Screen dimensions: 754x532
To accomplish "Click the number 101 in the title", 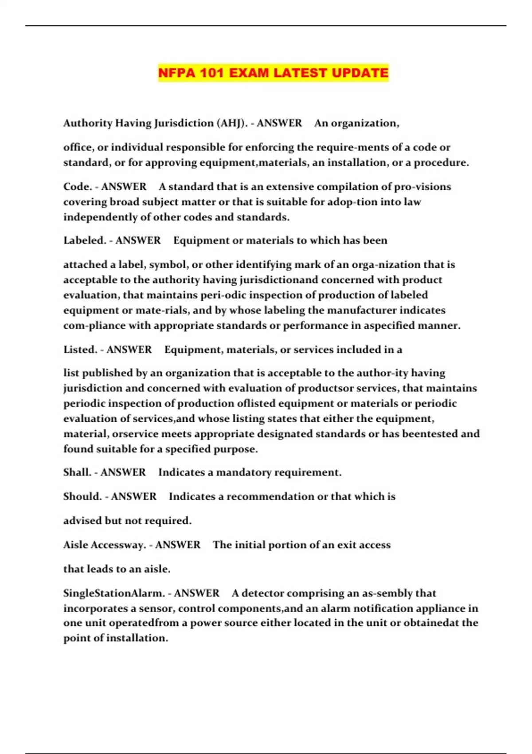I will pos(211,73).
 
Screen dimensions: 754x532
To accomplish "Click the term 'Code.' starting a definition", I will pos(77,187).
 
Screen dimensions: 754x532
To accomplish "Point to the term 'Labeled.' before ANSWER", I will pos(84,240).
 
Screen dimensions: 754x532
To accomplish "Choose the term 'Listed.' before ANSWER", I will pos(80,350).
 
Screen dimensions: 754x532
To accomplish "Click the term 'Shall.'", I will pos(77,472).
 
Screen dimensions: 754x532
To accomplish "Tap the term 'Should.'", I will pos(82,496).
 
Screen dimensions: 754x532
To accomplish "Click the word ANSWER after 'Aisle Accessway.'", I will pos(177,545).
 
